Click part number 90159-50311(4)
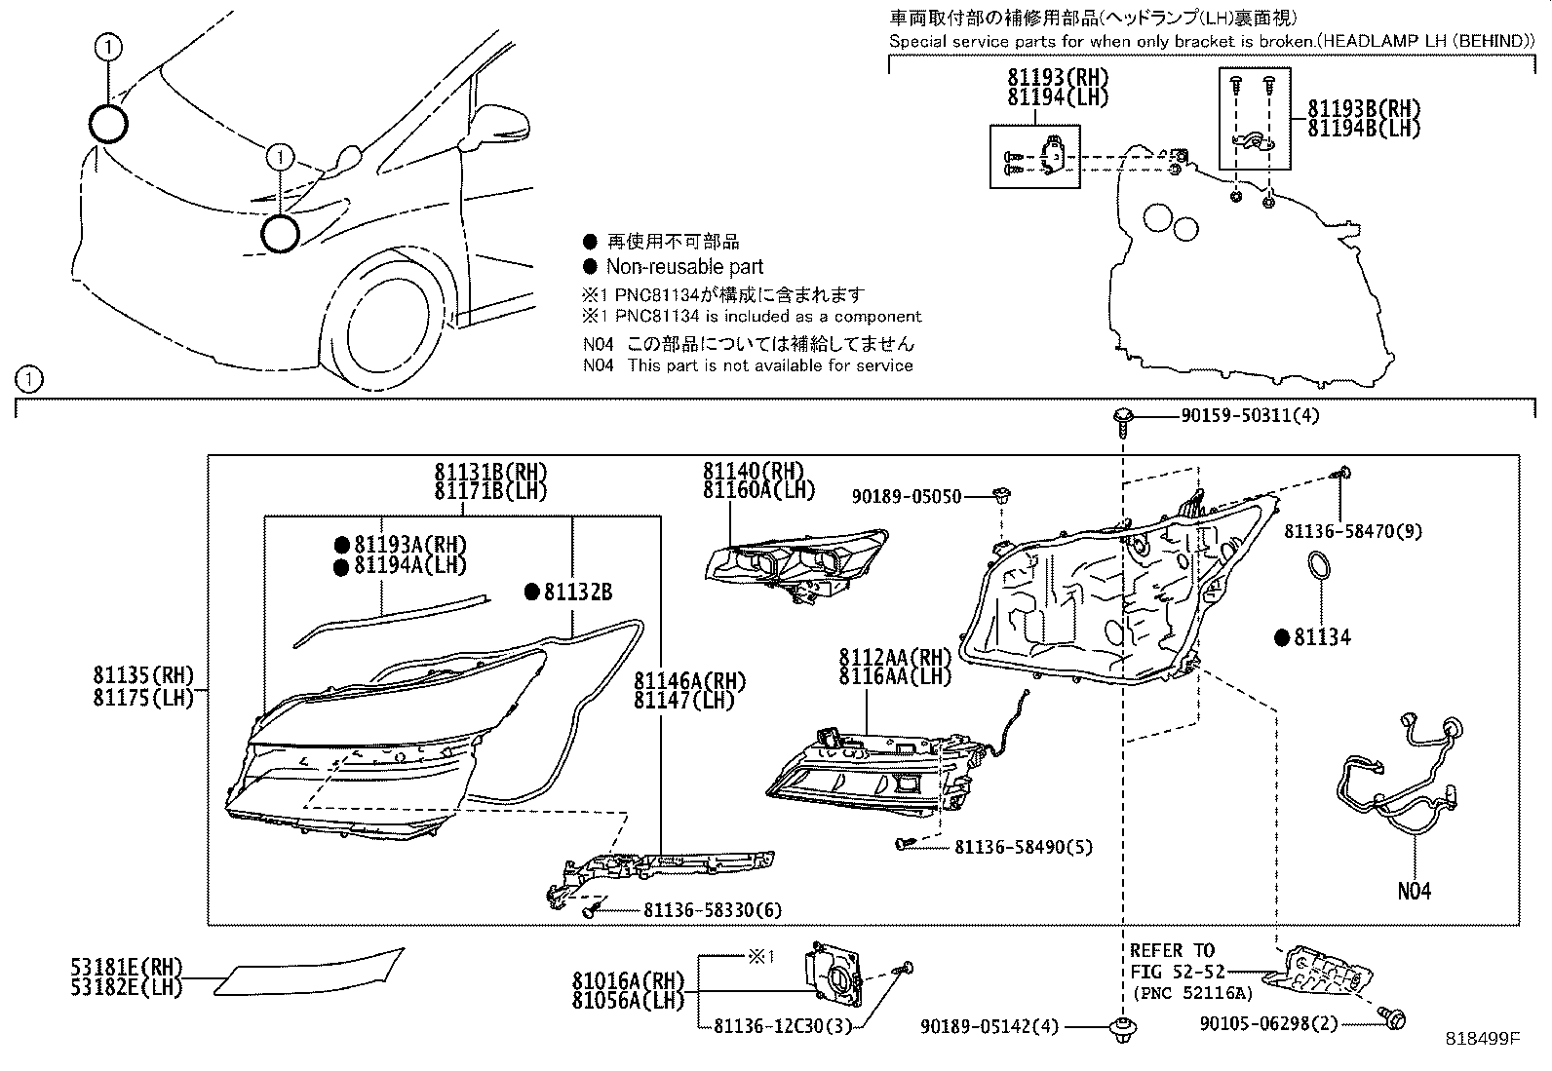coord(1250,416)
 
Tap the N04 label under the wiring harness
coord(1414,891)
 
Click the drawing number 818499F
coord(1482,1039)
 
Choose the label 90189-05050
coord(907,497)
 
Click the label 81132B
coord(577,592)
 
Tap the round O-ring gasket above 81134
coord(1319,569)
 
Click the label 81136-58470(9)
coord(1353,531)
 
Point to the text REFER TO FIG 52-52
coord(1172,961)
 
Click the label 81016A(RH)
coord(628,981)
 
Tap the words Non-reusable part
coord(684,267)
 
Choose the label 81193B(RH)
coord(1363,109)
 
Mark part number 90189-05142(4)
coord(989,1026)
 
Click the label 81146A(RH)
coord(683,680)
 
